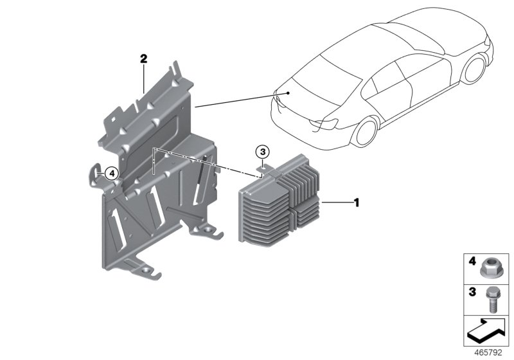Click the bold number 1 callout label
click(x=356, y=203)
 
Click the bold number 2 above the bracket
click(x=144, y=59)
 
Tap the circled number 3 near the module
click(x=261, y=152)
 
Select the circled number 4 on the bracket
click(x=111, y=172)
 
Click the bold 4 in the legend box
click(x=472, y=262)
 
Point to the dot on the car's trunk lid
click(x=289, y=93)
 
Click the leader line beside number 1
click(x=335, y=203)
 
